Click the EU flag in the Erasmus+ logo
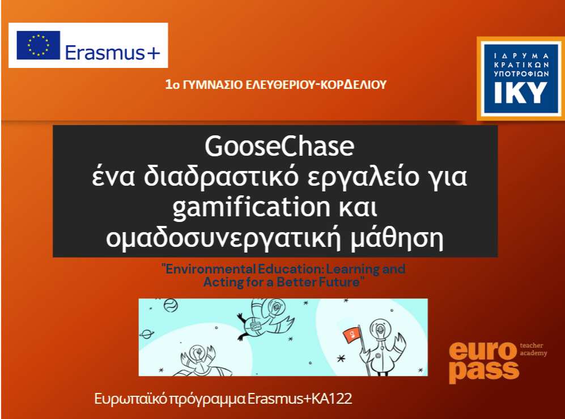pyautogui.click(x=38, y=45)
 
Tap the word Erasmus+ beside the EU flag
pyautogui.click(x=112, y=53)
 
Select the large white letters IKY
pyautogui.click(x=521, y=93)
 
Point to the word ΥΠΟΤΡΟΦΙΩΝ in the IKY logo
pyautogui.click(x=521, y=74)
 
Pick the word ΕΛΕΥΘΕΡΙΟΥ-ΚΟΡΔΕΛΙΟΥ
pyautogui.click(x=316, y=84)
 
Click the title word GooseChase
pyautogui.click(x=279, y=146)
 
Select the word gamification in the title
pyautogui.click(x=251, y=208)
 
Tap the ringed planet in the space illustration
pyautogui.click(x=147, y=334)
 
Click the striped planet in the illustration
pyautogui.click(x=171, y=306)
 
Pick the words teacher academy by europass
pyautogui.click(x=533, y=349)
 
